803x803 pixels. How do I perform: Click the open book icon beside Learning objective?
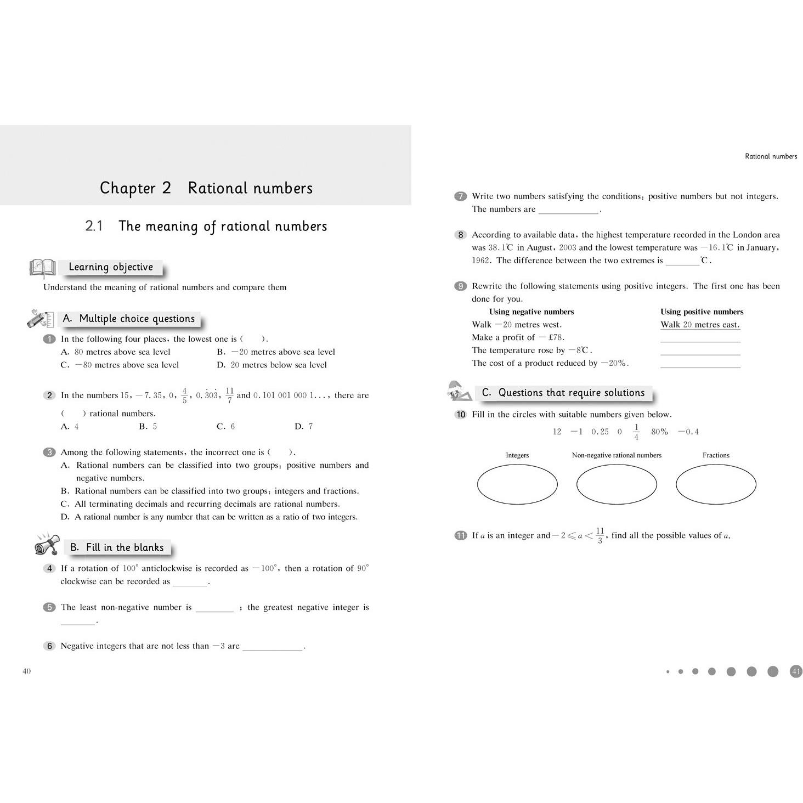(42, 268)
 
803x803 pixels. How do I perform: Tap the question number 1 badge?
(49, 339)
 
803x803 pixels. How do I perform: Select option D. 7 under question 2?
(303, 426)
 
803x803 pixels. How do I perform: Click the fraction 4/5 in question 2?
(184, 395)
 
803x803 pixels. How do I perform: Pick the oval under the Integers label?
(517, 484)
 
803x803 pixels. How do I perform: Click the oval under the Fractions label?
(716, 484)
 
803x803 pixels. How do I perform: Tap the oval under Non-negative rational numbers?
(617, 484)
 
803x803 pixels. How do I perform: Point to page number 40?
(26, 671)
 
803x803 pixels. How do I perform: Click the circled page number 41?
(796, 671)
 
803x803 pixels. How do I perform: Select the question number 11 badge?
(461, 535)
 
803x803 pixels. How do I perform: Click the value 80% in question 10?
(659, 432)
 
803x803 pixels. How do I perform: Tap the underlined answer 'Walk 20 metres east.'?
(700, 325)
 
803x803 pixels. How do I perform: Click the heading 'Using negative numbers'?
(531, 312)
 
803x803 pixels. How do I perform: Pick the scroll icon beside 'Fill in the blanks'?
(47, 544)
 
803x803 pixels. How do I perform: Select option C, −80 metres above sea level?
(120, 365)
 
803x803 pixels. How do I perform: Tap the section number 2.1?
(94, 226)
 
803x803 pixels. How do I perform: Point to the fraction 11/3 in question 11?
(600, 535)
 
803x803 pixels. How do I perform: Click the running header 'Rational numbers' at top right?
(771, 156)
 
